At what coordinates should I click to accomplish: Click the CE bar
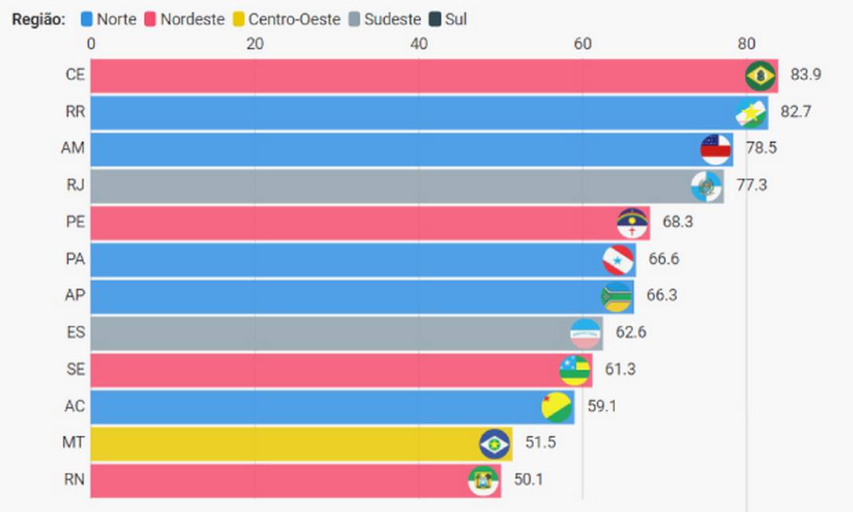coord(416,76)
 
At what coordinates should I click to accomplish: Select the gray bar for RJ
coord(393,186)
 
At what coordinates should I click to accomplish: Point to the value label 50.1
coord(527,481)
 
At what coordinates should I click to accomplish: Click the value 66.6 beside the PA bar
coord(663,259)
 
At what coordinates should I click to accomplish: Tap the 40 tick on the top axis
coord(419,44)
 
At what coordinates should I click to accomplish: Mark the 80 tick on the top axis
coord(746,44)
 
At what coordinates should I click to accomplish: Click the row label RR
coord(75,112)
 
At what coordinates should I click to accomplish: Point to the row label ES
coord(75,333)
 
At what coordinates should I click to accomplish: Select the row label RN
coord(75,481)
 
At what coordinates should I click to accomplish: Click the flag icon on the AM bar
coord(716,149)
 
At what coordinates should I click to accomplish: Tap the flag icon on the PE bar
coord(633,223)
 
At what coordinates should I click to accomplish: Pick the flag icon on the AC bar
coord(557,407)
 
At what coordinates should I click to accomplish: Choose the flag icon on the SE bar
coord(574,370)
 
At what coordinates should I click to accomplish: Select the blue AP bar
coord(346,296)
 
